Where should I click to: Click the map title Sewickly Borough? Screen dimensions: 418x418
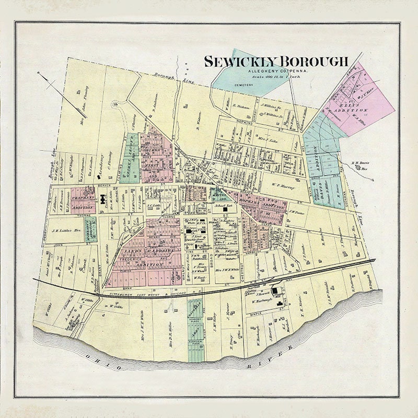pyautogui.click(x=276, y=61)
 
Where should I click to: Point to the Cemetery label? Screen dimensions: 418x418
pyautogui.click(x=243, y=85)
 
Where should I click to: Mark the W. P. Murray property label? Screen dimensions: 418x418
pyautogui.click(x=284, y=186)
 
